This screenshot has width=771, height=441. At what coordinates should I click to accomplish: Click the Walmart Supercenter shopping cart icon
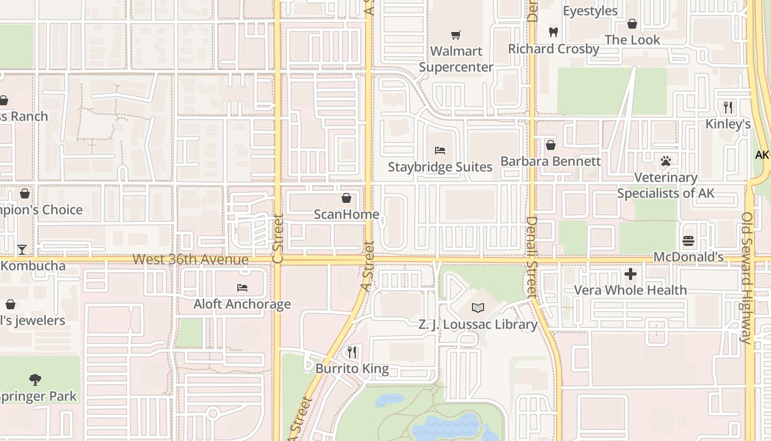(x=455, y=35)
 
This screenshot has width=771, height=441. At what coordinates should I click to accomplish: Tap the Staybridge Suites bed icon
(x=439, y=150)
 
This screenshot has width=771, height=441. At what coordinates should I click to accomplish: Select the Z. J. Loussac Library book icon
(x=477, y=308)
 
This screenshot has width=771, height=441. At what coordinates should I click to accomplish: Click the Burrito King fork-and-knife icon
(x=352, y=352)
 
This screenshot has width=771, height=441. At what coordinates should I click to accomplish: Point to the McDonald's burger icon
(x=688, y=241)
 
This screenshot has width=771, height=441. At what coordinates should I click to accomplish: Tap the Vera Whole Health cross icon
(x=631, y=273)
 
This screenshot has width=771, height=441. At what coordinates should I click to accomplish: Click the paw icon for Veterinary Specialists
(x=666, y=161)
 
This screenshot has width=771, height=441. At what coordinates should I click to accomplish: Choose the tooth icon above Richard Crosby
(x=553, y=32)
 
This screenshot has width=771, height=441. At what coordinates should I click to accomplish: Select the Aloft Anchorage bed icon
(x=242, y=287)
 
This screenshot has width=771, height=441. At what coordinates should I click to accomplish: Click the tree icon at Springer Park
(x=35, y=379)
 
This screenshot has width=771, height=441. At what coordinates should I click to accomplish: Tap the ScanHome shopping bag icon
(x=346, y=197)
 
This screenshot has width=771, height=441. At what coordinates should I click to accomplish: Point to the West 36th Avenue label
(x=191, y=259)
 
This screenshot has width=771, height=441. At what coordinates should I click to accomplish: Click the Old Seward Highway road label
(x=747, y=278)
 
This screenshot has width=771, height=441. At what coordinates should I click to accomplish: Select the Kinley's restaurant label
(x=728, y=124)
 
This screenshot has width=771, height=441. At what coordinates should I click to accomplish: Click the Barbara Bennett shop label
(x=550, y=162)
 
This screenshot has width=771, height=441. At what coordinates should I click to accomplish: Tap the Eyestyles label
(x=590, y=11)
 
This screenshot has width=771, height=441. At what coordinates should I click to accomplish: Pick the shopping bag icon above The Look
(x=632, y=24)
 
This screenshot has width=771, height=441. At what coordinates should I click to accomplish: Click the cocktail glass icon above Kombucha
(x=21, y=250)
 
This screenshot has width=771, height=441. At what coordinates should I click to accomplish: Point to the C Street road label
(x=278, y=238)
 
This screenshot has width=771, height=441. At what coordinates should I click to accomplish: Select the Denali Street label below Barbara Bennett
(x=531, y=256)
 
